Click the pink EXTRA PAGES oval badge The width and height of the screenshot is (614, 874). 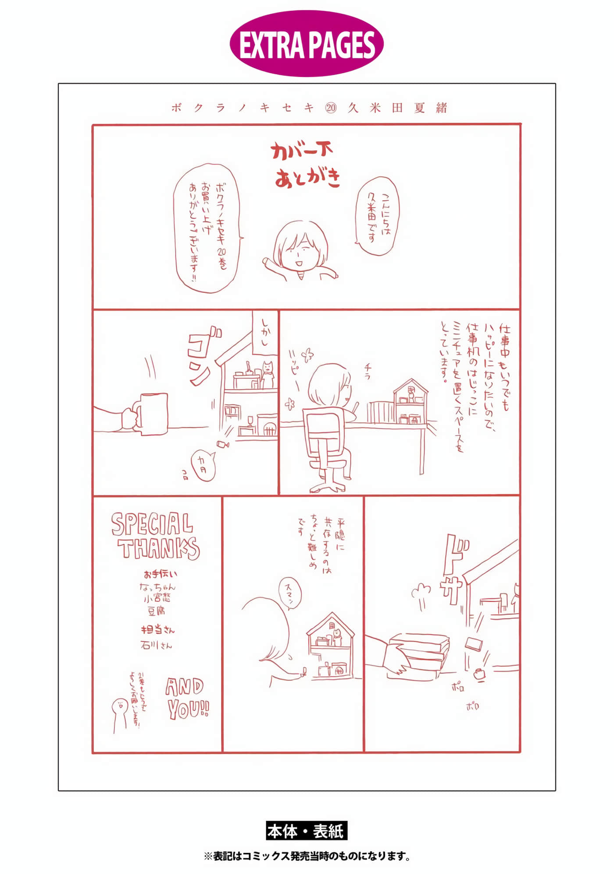307,44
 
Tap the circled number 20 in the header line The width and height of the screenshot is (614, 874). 331,108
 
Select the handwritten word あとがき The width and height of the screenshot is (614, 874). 307,178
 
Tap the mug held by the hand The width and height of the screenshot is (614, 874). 153,414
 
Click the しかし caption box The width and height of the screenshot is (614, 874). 265,333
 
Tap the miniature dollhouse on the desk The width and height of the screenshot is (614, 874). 411,403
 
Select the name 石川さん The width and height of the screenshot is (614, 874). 156,645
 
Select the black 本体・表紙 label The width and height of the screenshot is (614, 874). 307,831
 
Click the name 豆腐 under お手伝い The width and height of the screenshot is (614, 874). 156,610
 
